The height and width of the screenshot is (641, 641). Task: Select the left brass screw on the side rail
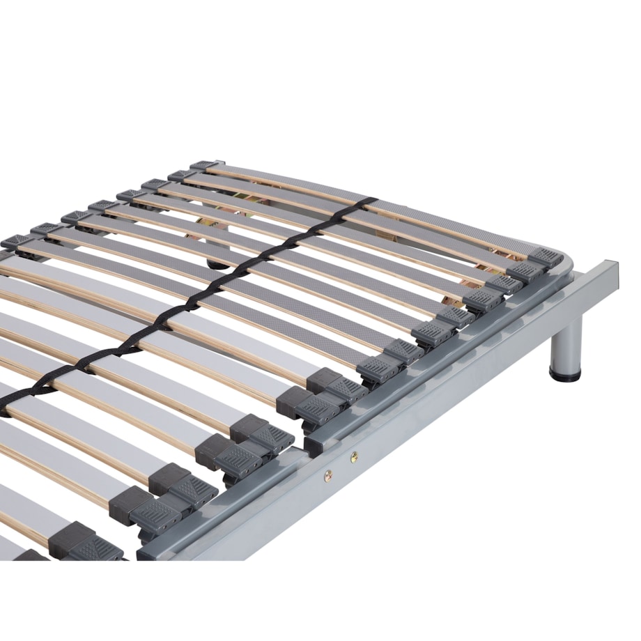[x=328, y=474]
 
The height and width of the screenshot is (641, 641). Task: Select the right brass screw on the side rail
[x=355, y=456]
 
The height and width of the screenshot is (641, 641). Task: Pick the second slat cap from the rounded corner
[x=524, y=271]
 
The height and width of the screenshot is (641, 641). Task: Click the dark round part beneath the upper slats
[x=217, y=263]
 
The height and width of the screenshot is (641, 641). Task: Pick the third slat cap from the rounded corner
[x=504, y=284]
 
